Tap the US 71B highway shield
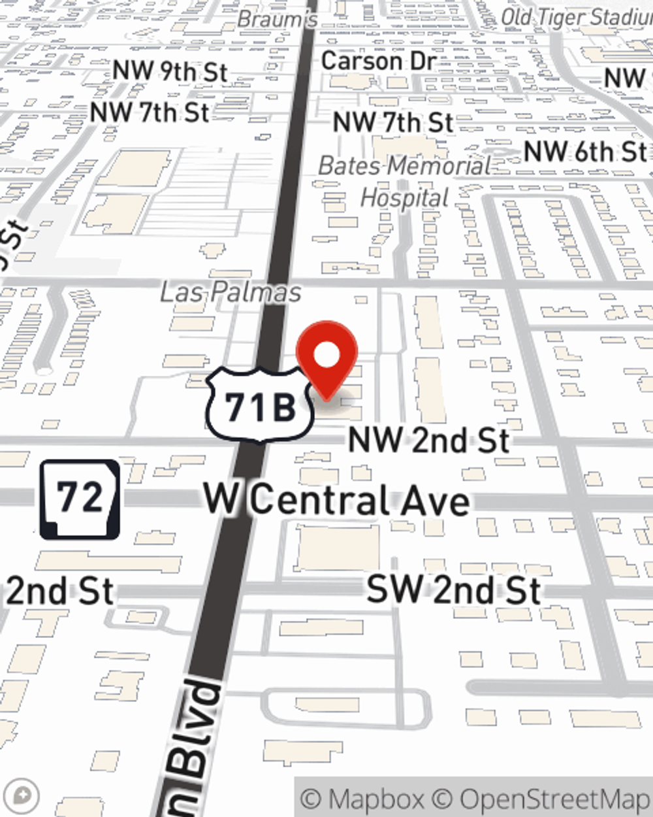[x=260, y=405]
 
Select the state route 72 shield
[x=80, y=499]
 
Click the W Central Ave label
[x=336, y=501]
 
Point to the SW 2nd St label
[x=453, y=590]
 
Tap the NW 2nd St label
[x=428, y=440]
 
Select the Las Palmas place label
[x=231, y=292]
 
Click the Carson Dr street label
[x=378, y=61]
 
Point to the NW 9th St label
[x=170, y=72]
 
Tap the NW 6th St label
[x=585, y=152]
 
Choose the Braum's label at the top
[x=277, y=19]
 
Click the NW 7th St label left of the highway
[x=150, y=112]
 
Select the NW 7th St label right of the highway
[x=392, y=122]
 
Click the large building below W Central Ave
[x=338, y=548]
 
